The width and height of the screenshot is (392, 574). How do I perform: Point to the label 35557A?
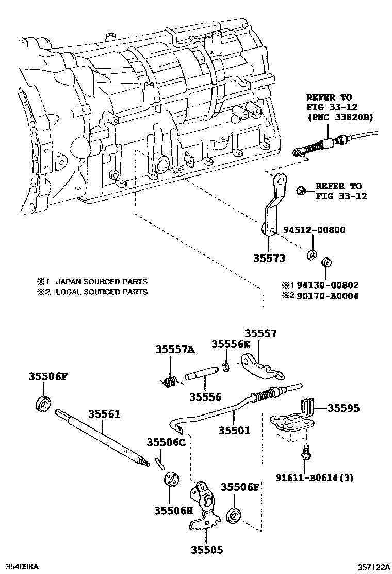[175, 350]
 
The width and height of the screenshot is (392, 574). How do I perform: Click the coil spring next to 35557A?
[169, 381]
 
